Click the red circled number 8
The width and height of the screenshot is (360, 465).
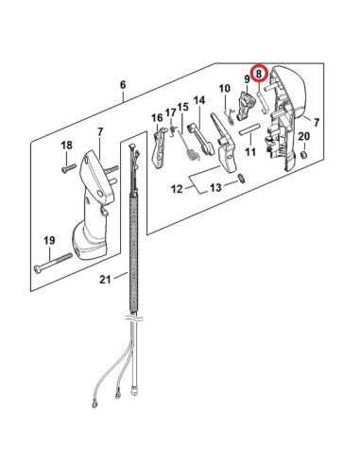click(x=259, y=74)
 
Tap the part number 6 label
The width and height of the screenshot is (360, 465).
click(x=123, y=85)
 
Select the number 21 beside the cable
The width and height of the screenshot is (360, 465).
click(x=106, y=279)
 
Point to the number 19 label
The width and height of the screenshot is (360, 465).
click(x=49, y=241)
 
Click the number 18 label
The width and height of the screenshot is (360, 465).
click(x=66, y=146)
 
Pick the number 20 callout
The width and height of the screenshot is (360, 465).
click(x=304, y=136)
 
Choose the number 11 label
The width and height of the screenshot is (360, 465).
click(x=250, y=152)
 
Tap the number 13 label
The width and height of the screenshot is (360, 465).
click(x=215, y=188)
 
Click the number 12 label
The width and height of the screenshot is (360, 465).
click(x=177, y=189)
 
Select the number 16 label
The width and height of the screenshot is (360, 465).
click(x=157, y=118)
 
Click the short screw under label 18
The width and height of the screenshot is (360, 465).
click(x=69, y=167)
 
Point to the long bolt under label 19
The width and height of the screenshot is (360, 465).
click(x=53, y=263)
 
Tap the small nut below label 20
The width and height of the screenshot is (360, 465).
click(x=304, y=155)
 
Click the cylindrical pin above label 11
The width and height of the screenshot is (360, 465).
click(x=249, y=129)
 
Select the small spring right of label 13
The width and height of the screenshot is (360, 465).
click(x=242, y=179)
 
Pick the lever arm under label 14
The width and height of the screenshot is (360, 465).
click(x=200, y=140)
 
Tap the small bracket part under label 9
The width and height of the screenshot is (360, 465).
click(x=245, y=105)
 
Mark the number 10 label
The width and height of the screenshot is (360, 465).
click(x=225, y=89)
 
